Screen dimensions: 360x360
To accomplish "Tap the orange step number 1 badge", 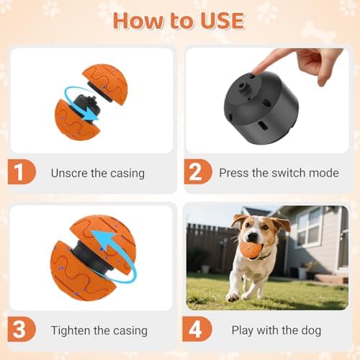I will (23, 173).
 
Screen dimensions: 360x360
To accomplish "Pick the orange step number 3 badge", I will (23, 330).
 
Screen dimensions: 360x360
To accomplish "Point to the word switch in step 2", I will (278, 173).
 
